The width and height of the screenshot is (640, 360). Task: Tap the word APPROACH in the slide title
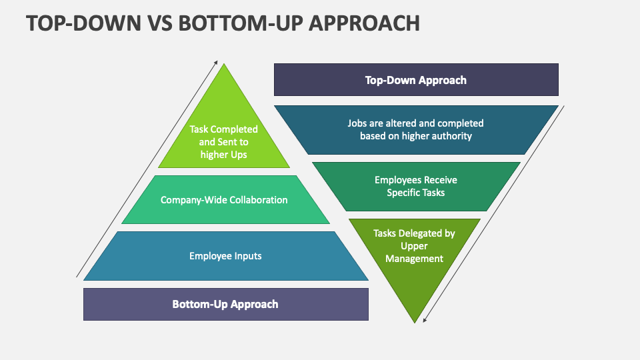click(364, 23)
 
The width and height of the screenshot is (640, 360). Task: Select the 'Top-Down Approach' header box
click(416, 79)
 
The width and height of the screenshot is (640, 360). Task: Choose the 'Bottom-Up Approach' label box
click(226, 304)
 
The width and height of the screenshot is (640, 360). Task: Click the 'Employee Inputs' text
click(225, 256)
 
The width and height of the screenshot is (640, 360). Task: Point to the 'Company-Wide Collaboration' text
click(224, 200)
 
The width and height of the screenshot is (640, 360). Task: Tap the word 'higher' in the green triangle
click(214, 155)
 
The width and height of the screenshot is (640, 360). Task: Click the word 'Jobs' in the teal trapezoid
click(356, 123)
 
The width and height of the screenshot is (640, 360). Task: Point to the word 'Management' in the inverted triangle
click(414, 259)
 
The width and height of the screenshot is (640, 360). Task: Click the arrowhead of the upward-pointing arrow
click(216, 63)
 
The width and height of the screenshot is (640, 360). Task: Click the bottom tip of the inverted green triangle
click(415, 323)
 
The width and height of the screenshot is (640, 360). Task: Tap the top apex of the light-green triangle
click(224, 65)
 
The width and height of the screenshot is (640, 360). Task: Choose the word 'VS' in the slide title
click(160, 23)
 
